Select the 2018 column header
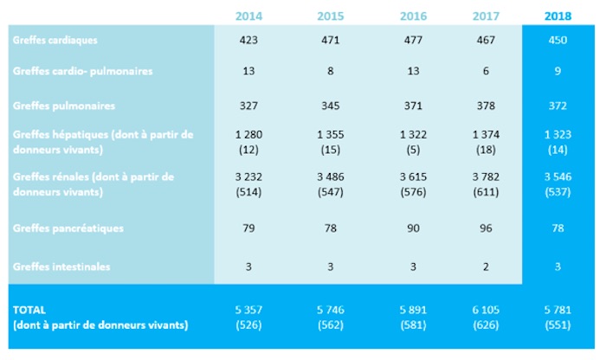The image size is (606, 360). click(x=558, y=15)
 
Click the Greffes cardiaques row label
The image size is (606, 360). click(x=54, y=39)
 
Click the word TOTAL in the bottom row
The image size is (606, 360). click(x=29, y=308)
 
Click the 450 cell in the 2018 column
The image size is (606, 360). click(x=558, y=39)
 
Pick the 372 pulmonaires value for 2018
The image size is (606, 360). click(x=558, y=106)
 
